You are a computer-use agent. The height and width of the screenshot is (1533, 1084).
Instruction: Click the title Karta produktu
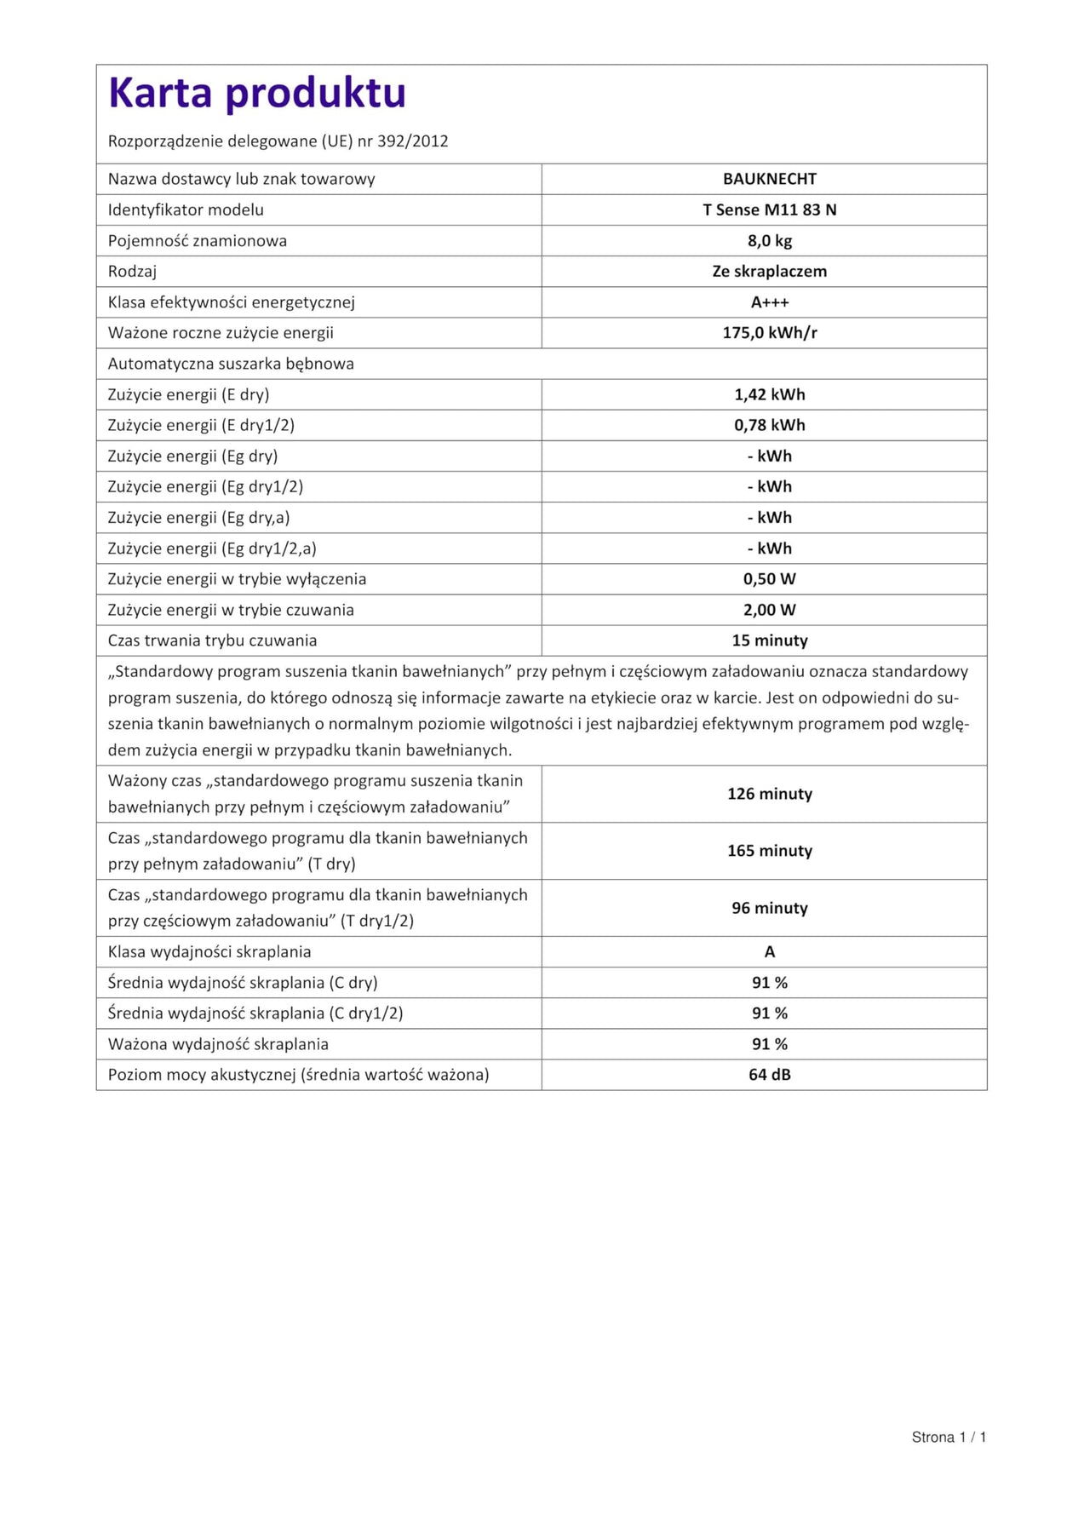tap(257, 94)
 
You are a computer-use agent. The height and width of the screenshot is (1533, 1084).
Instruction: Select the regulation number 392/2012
tap(413, 141)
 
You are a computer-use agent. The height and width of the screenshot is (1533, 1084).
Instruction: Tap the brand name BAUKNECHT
tap(769, 179)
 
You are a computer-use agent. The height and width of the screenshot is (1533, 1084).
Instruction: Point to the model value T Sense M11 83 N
tap(769, 210)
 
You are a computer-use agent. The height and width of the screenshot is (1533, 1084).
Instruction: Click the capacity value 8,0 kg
tap(769, 241)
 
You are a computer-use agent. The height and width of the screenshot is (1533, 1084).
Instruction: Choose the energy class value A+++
tap(769, 302)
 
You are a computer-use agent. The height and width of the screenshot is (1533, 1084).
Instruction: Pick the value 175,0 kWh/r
tap(769, 333)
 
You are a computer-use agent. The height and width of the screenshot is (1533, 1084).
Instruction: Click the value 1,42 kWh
tap(769, 394)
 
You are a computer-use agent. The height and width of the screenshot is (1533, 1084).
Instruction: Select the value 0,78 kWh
tap(769, 425)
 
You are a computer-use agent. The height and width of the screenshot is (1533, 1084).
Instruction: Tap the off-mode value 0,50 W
tap(769, 579)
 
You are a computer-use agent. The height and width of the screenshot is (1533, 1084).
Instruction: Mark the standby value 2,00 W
tap(769, 610)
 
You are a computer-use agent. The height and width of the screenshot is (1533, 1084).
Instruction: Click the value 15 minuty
tap(769, 640)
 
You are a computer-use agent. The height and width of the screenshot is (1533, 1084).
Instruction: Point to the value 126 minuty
tap(769, 794)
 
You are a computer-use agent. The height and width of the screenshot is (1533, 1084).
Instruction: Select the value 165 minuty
tap(769, 851)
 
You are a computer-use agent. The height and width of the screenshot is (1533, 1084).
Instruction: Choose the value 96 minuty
tap(769, 908)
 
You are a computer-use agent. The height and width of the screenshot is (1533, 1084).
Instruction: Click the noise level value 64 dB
tap(769, 1075)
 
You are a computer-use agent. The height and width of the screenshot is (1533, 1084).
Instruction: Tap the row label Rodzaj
tap(132, 272)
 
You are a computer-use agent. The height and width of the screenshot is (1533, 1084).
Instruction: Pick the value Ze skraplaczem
tap(769, 272)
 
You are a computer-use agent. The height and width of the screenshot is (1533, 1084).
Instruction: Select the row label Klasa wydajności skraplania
tap(209, 952)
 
